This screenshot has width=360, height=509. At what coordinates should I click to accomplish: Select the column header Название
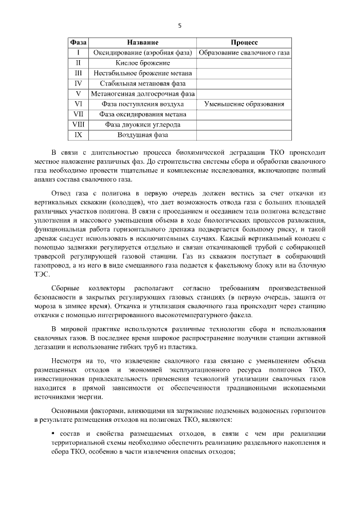pos(142,43)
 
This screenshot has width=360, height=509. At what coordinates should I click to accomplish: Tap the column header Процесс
pos(244,43)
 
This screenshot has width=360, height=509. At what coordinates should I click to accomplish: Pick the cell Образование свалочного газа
pos(244,53)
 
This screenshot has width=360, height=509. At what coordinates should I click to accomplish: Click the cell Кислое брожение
pos(142,63)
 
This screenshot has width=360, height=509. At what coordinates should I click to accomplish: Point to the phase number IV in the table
pos(79,83)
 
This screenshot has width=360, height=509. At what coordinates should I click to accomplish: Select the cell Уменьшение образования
pos(244,104)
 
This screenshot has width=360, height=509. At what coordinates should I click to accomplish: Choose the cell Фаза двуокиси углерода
pos(142,124)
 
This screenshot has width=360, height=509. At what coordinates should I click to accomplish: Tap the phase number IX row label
pos(79,135)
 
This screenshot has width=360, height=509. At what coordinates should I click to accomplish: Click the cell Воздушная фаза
pos(142,135)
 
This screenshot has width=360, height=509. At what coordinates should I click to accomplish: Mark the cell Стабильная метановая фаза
pos(142,83)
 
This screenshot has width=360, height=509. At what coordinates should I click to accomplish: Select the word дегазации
pos(51,345)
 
